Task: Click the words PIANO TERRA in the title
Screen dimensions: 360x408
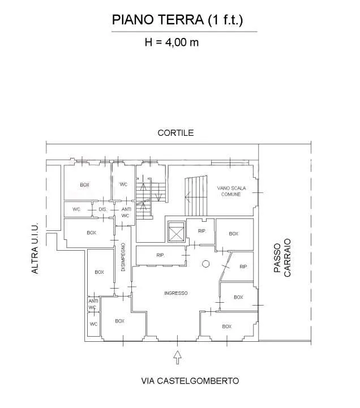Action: pos(158,20)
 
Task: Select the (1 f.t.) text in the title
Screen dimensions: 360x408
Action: pos(225,20)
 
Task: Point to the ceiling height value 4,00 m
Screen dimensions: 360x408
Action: pos(182,42)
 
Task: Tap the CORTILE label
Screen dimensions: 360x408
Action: pos(175,133)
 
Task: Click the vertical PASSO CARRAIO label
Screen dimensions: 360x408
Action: pos(282,257)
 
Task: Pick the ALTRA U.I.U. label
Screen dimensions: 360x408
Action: pos(35,248)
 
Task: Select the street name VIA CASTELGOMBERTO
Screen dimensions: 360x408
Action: pos(190,381)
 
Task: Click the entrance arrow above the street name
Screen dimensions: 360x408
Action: pos(178,357)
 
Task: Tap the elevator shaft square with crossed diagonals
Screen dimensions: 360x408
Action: pos(176,231)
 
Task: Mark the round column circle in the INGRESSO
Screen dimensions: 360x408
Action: pos(205,264)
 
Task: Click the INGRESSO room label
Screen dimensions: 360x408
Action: pos(176,293)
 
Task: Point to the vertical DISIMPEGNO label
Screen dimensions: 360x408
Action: pos(123,257)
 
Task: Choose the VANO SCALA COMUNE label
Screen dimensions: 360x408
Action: pos(232,191)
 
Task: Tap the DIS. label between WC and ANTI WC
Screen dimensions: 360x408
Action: pos(103,209)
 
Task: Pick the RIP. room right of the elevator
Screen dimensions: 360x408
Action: pos(202,231)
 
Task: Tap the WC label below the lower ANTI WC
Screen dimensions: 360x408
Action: pos(93,324)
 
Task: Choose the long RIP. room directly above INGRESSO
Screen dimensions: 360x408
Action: pos(161,256)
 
